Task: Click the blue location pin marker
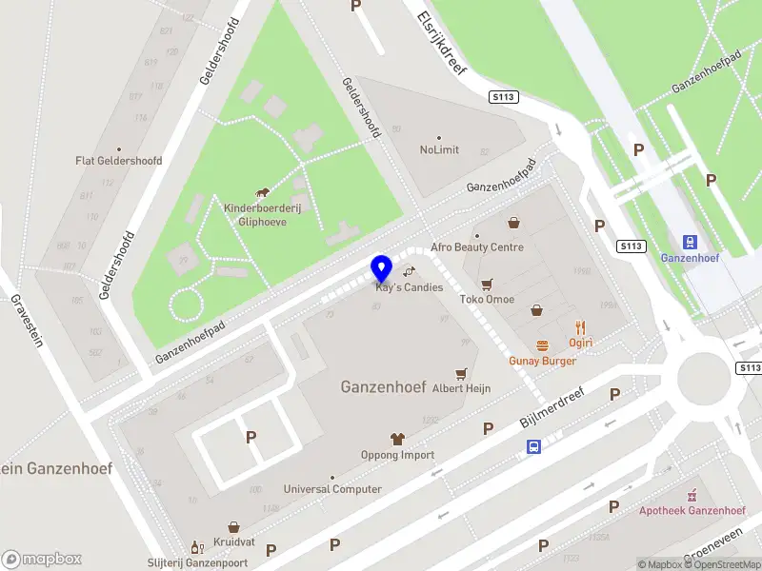coord(381,267)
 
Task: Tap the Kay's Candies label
coord(410,287)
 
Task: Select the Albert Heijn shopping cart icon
coord(462,373)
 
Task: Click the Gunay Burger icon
coord(542,345)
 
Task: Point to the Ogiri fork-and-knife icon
coord(581,326)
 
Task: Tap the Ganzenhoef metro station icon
coord(691,242)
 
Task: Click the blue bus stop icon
coord(534,445)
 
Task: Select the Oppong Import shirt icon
coord(397,439)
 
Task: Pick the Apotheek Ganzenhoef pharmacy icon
coord(692,495)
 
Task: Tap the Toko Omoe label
coord(487,300)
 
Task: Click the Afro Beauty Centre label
coord(477,247)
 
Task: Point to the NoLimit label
coord(439,150)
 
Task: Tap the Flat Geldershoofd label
coord(119,161)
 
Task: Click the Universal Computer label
coord(332,489)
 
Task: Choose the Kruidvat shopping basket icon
coord(233,526)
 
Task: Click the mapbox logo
coord(42,559)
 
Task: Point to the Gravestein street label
coord(27,320)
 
